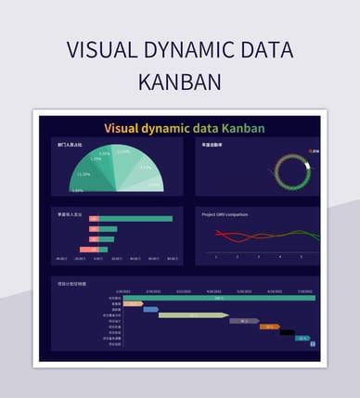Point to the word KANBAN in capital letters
pos(180,82)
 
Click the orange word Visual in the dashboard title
pos(125,128)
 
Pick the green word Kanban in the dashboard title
pos(243,128)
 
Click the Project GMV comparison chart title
pos(225,213)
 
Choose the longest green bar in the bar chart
pos(135,220)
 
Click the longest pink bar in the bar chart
pos(88,250)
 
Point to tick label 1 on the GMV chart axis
pos(216,256)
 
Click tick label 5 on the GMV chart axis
pos(301,256)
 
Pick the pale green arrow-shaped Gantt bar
pos(194,315)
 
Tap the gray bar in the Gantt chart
pos(243,321)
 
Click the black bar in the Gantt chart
pos(287,332)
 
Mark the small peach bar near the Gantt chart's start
pos(133,303)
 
